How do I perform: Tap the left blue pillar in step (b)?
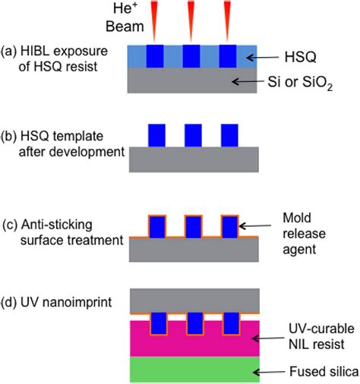[157, 134]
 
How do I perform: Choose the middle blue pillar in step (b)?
[193, 134]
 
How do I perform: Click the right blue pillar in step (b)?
[229, 134]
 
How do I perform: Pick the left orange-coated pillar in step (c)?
[157, 227]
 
